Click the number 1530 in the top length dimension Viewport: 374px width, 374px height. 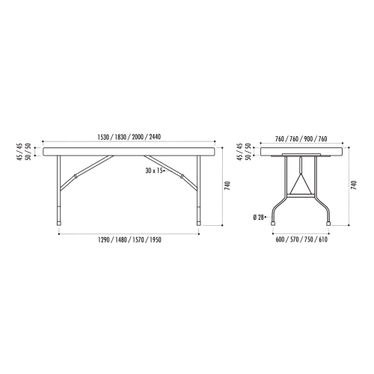click(x=102, y=137)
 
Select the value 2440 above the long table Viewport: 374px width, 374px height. click(x=155, y=137)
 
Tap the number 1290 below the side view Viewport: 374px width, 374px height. click(x=103, y=240)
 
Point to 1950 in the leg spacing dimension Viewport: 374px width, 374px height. click(x=156, y=240)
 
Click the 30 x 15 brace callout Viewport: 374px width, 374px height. click(x=154, y=171)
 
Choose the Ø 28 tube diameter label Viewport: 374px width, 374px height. click(x=258, y=218)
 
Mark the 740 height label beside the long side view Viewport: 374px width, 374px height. click(x=228, y=186)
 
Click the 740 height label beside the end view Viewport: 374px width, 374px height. click(x=354, y=186)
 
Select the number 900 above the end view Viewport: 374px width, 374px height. click(x=308, y=139)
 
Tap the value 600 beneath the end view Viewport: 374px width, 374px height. click(x=280, y=239)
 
